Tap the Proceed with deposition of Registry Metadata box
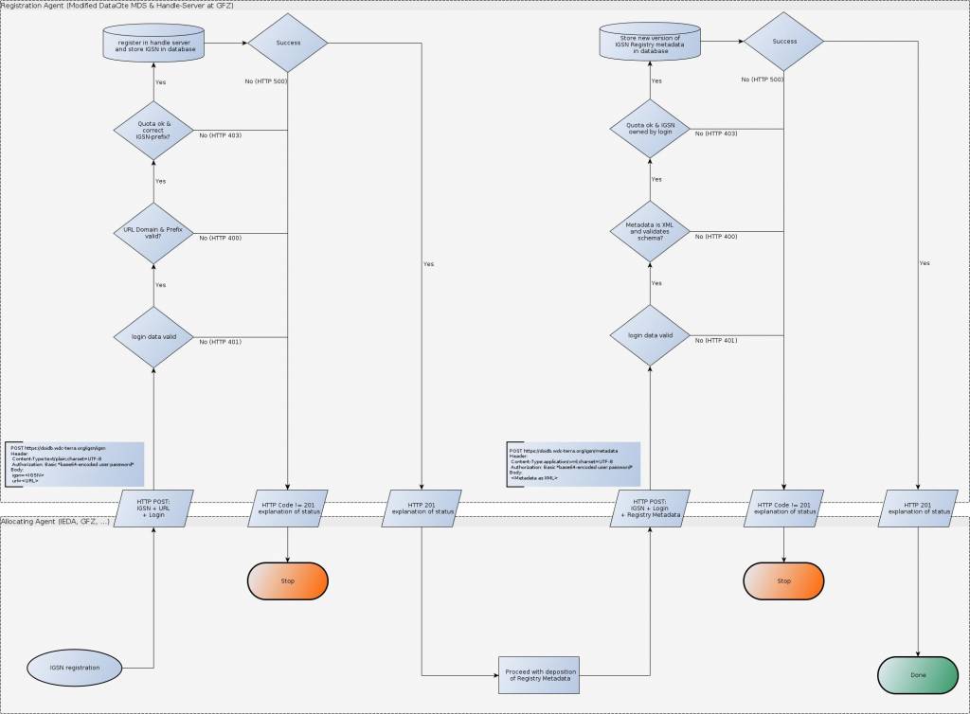coord(537,673)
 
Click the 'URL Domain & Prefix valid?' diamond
coord(153,232)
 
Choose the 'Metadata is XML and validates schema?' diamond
coord(650,232)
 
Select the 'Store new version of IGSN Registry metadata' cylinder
coord(651,43)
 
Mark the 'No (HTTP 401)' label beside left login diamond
coord(220,341)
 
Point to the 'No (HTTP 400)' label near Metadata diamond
coord(716,236)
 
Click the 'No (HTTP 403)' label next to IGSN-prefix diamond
coord(220,135)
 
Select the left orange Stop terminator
coord(287,580)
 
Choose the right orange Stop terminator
coord(783,580)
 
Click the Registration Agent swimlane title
coord(117,6)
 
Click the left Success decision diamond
coord(287,43)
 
